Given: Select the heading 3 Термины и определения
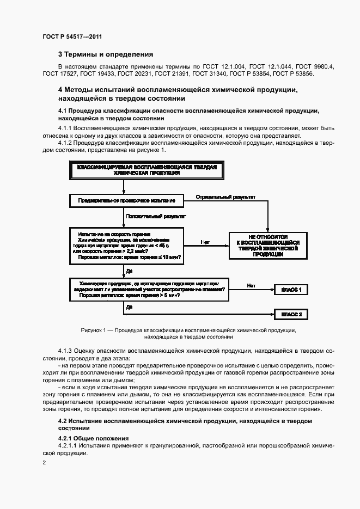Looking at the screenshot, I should (106, 54).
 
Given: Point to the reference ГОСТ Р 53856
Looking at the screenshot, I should (294, 74).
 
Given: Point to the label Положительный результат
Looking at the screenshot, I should (155, 216).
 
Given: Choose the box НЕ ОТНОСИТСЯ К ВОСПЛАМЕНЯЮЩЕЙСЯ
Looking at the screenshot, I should (268, 246).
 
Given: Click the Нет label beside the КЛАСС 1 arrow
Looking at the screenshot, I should (251, 285).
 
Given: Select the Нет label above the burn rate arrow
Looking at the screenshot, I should (205, 241).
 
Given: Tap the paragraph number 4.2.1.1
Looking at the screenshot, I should (69, 446).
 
